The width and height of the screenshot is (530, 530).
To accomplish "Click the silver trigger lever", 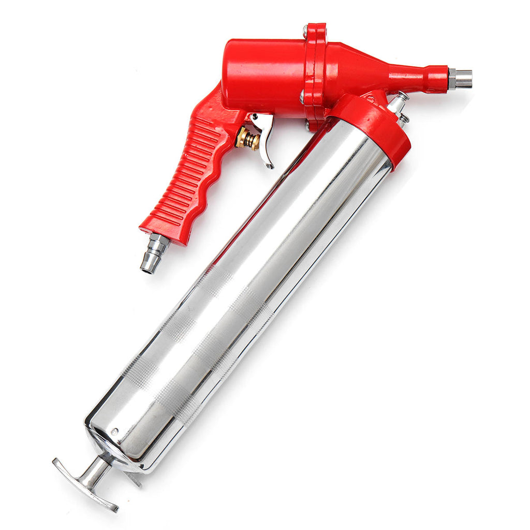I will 266,145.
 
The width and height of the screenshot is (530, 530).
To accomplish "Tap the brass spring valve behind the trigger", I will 247,139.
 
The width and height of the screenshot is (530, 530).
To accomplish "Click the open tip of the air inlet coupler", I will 148,267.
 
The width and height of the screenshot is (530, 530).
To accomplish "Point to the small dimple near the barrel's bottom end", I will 115,431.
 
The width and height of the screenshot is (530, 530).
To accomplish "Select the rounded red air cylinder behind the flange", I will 264,78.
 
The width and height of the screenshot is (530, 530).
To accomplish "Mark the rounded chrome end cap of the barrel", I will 111,445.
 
